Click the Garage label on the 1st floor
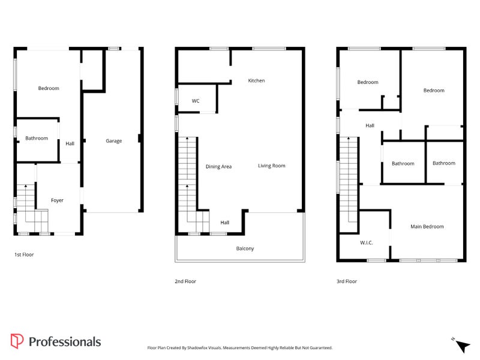tap(114, 141)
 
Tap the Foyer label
tap(57, 200)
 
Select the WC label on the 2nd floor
tap(196, 101)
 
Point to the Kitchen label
tap(256, 80)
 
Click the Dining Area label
tap(218, 167)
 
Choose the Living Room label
tap(272, 166)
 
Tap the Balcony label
tap(245, 248)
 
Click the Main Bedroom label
tap(427, 227)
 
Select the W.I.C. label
tap(367, 243)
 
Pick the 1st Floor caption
tap(24, 254)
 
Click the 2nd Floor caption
tap(185, 281)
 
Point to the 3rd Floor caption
tap(347, 281)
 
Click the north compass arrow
tap(463, 346)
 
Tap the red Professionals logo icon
tap(17, 341)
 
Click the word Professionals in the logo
tap(65, 342)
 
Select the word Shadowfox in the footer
tap(197, 348)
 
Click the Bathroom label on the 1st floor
tap(37, 139)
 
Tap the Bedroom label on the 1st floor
tap(49, 88)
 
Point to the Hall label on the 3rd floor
tap(370, 125)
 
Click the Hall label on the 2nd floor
tap(224, 223)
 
